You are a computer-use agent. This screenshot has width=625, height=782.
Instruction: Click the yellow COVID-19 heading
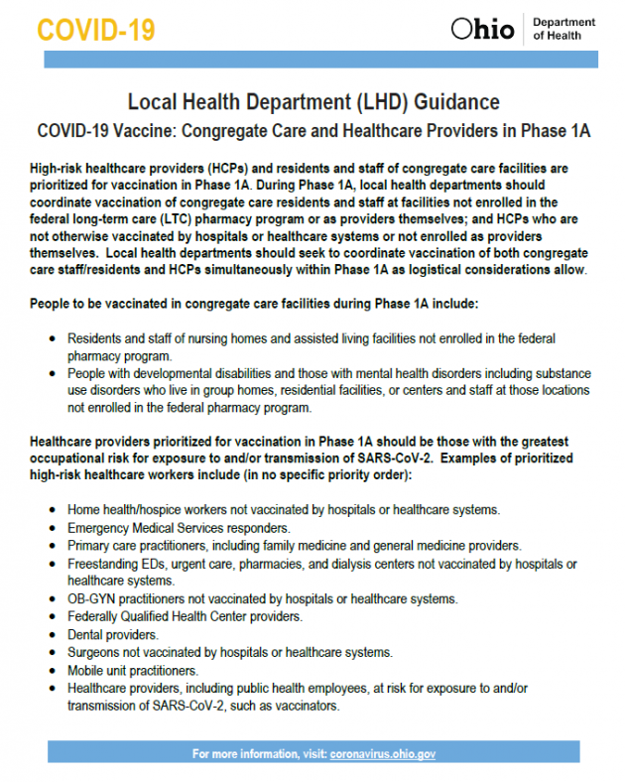pos(96,29)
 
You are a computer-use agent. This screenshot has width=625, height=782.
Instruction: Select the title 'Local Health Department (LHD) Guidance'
pos(312,102)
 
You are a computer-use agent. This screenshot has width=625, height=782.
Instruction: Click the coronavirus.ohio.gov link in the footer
pos(382,754)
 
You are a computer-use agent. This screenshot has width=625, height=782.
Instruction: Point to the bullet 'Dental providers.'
pos(113,634)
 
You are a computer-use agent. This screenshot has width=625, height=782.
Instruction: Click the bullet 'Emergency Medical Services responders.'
pos(179,527)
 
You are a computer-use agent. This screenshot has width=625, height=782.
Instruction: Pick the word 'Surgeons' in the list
pos(94,652)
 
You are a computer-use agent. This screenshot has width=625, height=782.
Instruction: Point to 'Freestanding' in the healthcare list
pos(103,563)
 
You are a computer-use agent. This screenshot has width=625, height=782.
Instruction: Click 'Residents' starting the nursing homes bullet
pos(93,338)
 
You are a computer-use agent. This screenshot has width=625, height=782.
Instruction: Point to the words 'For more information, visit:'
pos(259,754)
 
